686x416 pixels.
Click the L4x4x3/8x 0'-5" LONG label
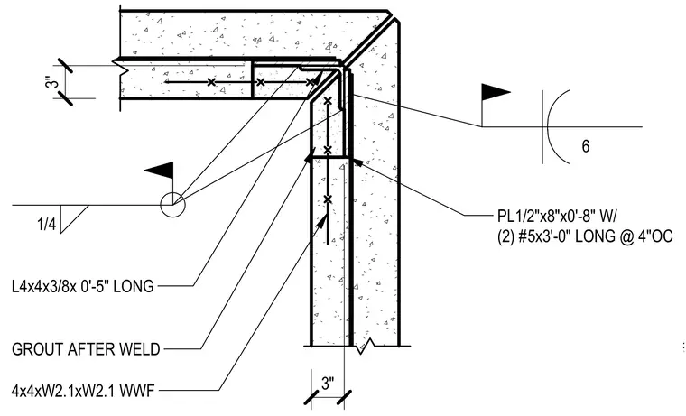83,286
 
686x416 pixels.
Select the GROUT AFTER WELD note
86,349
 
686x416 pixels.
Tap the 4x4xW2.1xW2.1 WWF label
83,390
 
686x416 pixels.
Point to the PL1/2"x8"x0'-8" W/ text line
558,216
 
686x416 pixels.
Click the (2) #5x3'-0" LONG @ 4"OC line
585,236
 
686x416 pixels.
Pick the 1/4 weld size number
47,225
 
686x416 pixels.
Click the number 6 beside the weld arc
586,146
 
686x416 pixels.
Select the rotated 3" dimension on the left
51,82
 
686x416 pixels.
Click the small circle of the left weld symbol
172,204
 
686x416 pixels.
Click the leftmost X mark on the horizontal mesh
211,82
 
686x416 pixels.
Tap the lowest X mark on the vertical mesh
328,199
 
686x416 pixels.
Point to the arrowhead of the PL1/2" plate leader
357,162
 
